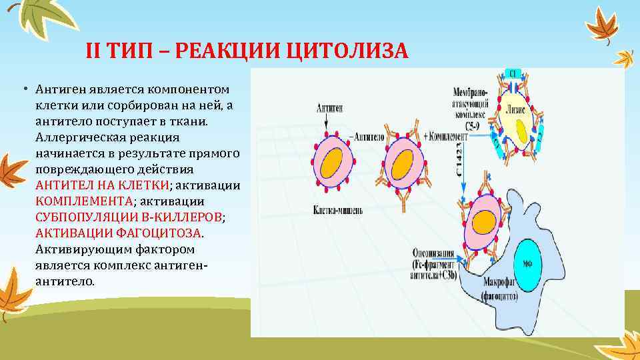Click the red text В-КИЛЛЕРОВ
pyautogui.click(x=176, y=217)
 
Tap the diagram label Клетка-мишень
pyautogui.click(x=338, y=211)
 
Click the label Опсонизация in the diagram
pyautogui.click(x=433, y=254)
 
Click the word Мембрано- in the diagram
pyautogui.click(x=470, y=89)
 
